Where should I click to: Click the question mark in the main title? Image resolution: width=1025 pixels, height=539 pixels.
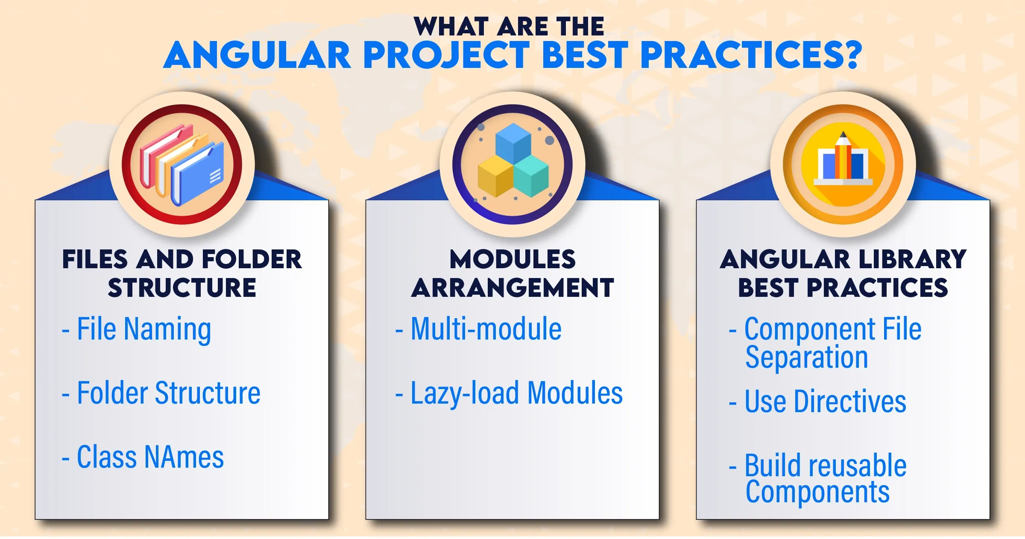(x=849, y=55)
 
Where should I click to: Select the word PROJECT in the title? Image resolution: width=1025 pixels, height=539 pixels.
(x=447, y=55)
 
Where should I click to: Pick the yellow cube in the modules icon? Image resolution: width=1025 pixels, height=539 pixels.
(x=495, y=176)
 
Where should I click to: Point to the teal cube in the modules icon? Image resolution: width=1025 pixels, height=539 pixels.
(x=531, y=176)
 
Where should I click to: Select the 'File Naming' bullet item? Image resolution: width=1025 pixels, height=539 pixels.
(x=137, y=329)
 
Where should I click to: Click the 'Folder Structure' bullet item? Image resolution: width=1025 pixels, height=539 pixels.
(x=161, y=393)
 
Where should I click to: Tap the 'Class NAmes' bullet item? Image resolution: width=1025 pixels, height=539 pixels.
(x=143, y=457)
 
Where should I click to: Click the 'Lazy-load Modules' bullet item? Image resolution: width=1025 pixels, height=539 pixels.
(x=509, y=393)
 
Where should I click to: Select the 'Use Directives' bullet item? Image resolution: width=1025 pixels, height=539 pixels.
(x=817, y=401)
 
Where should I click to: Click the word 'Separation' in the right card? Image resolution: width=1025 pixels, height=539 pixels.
(x=807, y=357)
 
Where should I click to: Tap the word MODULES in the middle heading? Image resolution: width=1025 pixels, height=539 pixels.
(x=512, y=260)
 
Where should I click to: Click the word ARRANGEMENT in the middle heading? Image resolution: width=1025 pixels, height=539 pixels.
(x=512, y=288)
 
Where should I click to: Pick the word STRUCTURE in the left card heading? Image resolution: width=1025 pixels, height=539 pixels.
(x=182, y=288)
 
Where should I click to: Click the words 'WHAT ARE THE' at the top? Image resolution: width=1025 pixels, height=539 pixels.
(x=509, y=26)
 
